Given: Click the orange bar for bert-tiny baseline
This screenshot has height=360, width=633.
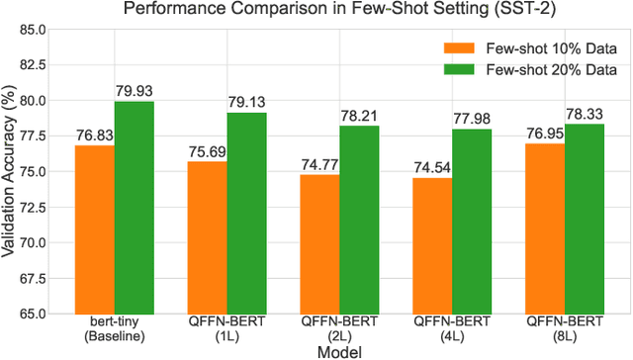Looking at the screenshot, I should point(95,229).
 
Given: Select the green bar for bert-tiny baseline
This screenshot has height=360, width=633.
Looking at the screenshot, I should point(134,208).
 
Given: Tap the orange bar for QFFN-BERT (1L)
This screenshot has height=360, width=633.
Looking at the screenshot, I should point(208,237).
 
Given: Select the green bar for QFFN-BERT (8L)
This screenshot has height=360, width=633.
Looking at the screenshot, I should point(585,219).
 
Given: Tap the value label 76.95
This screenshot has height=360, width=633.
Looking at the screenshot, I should point(546,135).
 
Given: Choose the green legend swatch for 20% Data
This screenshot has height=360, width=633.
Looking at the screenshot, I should point(459,70).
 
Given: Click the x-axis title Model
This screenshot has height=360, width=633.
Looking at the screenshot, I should point(339,351).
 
